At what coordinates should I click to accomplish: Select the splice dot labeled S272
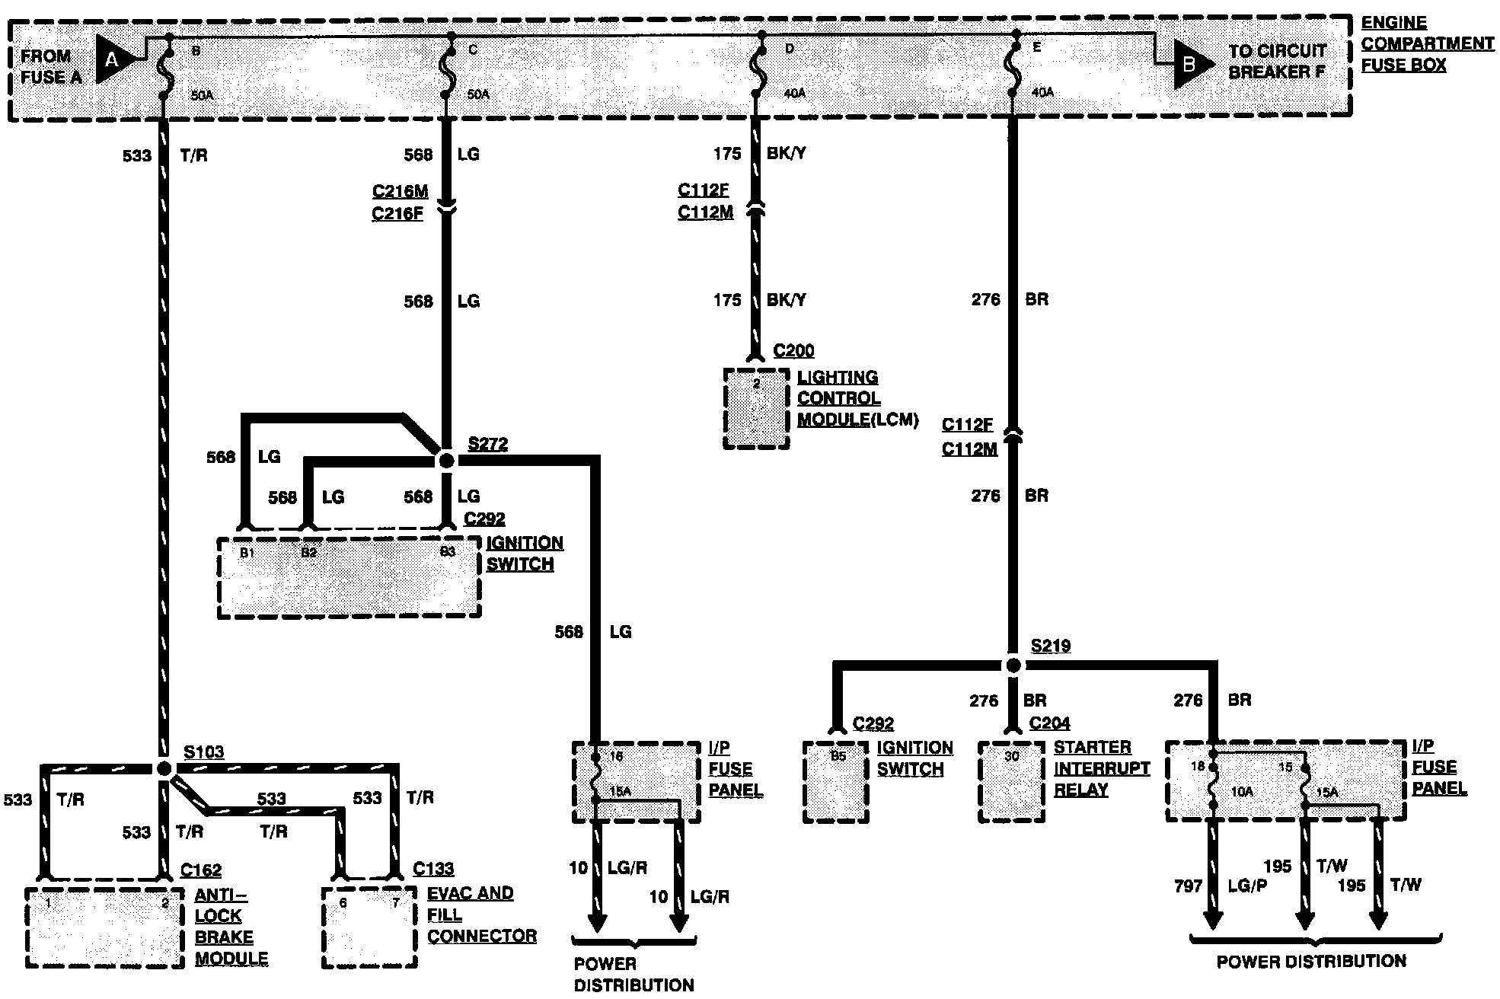pyautogui.click(x=446, y=461)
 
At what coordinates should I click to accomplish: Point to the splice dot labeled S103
pyautogui.click(x=164, y=768)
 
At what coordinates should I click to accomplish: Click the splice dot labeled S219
pyautogui.click(x=1013, y=665)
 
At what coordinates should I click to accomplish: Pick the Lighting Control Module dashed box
pyautogui.click(x=756, y=409)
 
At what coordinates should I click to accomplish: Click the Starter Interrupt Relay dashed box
pyautogui.click(x=1011, y=782)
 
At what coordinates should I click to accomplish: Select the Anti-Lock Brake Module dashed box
pyautogui.click(x=104, y=927)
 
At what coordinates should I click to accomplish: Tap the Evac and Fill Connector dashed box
pyautogui.click(x=370, y=927)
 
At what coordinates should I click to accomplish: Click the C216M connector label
pyautogui.click(x=401, y=191)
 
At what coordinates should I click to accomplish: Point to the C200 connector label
pyautogui.click(x=793, y=351)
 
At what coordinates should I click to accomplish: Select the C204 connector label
pyautogui.click(x=1049, y=723)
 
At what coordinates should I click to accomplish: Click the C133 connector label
pyautogui.click(x=433, y=869)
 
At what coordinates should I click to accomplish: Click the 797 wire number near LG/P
pyautogui.click(x=1188, y=886)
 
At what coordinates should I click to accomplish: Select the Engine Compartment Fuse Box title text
pyautogui.click(x=1426, y=44)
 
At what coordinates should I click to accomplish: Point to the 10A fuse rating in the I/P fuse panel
pyautogui.click(x=1241, y=792)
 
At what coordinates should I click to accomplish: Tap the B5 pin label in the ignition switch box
pyautogui.click(x=838, y=757)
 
